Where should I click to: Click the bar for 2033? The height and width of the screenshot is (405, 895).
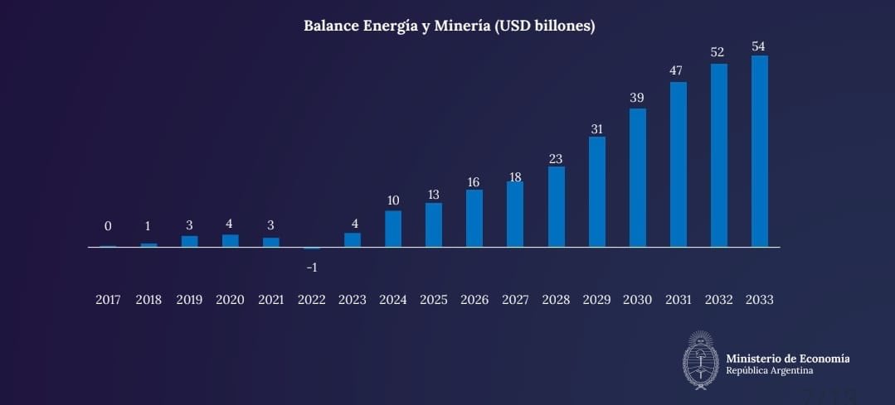pyautogui.click(x=759, y=152)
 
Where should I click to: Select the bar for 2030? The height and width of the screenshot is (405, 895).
pyautogui.click(x=637, y=178)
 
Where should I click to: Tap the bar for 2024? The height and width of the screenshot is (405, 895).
pyautogui.click(x=393, y=229)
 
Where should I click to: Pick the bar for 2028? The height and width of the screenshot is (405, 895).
pyautogui.click(x=556, y=207)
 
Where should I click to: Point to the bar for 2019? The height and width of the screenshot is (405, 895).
pyautogui.click(x=190, y=241)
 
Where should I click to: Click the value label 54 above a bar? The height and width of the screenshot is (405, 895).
pyautogui.click(x=758, y=46)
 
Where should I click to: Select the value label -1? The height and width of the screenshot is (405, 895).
pyautogui.click(x=312, y=268)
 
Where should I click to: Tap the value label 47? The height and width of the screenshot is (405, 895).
pyautogui.click(x=677, y=71)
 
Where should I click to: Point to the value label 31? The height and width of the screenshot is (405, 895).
pyautogui.click(x=596, y=129)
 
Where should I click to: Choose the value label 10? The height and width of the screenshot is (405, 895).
pyautogui.click(x=393, y=200)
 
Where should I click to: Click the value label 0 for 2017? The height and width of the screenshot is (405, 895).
pyautogui.click(x=108, y=226)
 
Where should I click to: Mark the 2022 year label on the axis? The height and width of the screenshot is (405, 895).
pyautogui.click(x=312, y=300)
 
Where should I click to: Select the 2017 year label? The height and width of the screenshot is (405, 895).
pyautogui.click(x=108, y=300)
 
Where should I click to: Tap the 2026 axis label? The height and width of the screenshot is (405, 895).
pyautogui.click(x=474, y=300)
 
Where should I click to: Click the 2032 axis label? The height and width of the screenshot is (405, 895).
pyautogui.click(x=718, y=300)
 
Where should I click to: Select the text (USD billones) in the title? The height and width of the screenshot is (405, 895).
pyautogui.click(x=544, y=26)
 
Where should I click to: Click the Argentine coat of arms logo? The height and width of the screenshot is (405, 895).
pyautogui.click(x=700, y=360)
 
